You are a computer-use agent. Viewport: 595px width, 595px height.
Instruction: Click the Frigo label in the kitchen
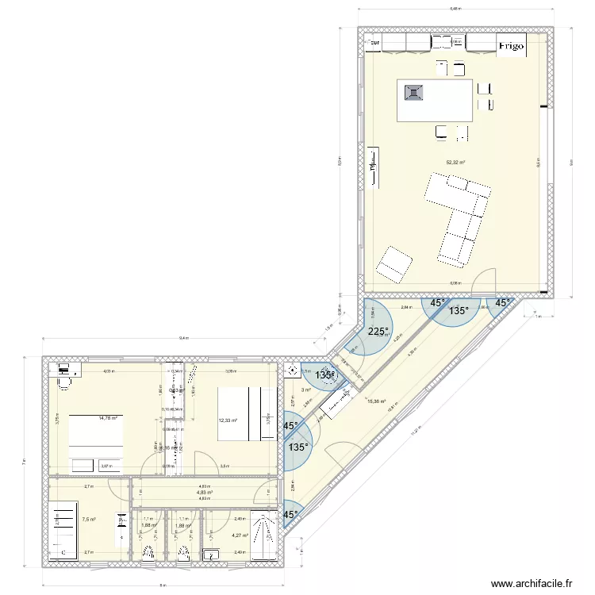pyautogui.click(x=511, y=47)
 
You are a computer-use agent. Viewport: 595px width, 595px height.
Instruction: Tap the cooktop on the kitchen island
pyautogui.click(x=414, y=94)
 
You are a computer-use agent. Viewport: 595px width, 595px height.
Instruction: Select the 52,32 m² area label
pyautogui.click(x=455, y=163)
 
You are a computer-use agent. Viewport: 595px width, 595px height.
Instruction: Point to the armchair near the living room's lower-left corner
pyautogui.click(x=394, y=263)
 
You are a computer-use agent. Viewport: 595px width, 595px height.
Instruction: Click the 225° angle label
pyautogui.click(x=378, y=332)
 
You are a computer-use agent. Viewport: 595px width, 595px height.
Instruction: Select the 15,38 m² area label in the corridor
pyautogui.click(x=378, y=401)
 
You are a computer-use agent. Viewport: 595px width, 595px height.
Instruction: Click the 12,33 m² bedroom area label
pyautogui.click(x=228, y=420)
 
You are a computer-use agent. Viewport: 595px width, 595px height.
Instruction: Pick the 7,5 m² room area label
pyautogui.click(x=89, y=520)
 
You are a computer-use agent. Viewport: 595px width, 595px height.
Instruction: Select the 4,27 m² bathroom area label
pyautogui.click(x=240, y=535)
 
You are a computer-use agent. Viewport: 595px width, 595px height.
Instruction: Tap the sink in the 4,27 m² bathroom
pyautogui.click(x=212, y=552)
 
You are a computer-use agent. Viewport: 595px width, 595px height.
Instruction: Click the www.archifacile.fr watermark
pyautogui.click(x=532, y=583)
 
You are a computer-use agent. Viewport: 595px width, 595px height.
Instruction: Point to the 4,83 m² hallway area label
pyautogui.click(x=205, y=492)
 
